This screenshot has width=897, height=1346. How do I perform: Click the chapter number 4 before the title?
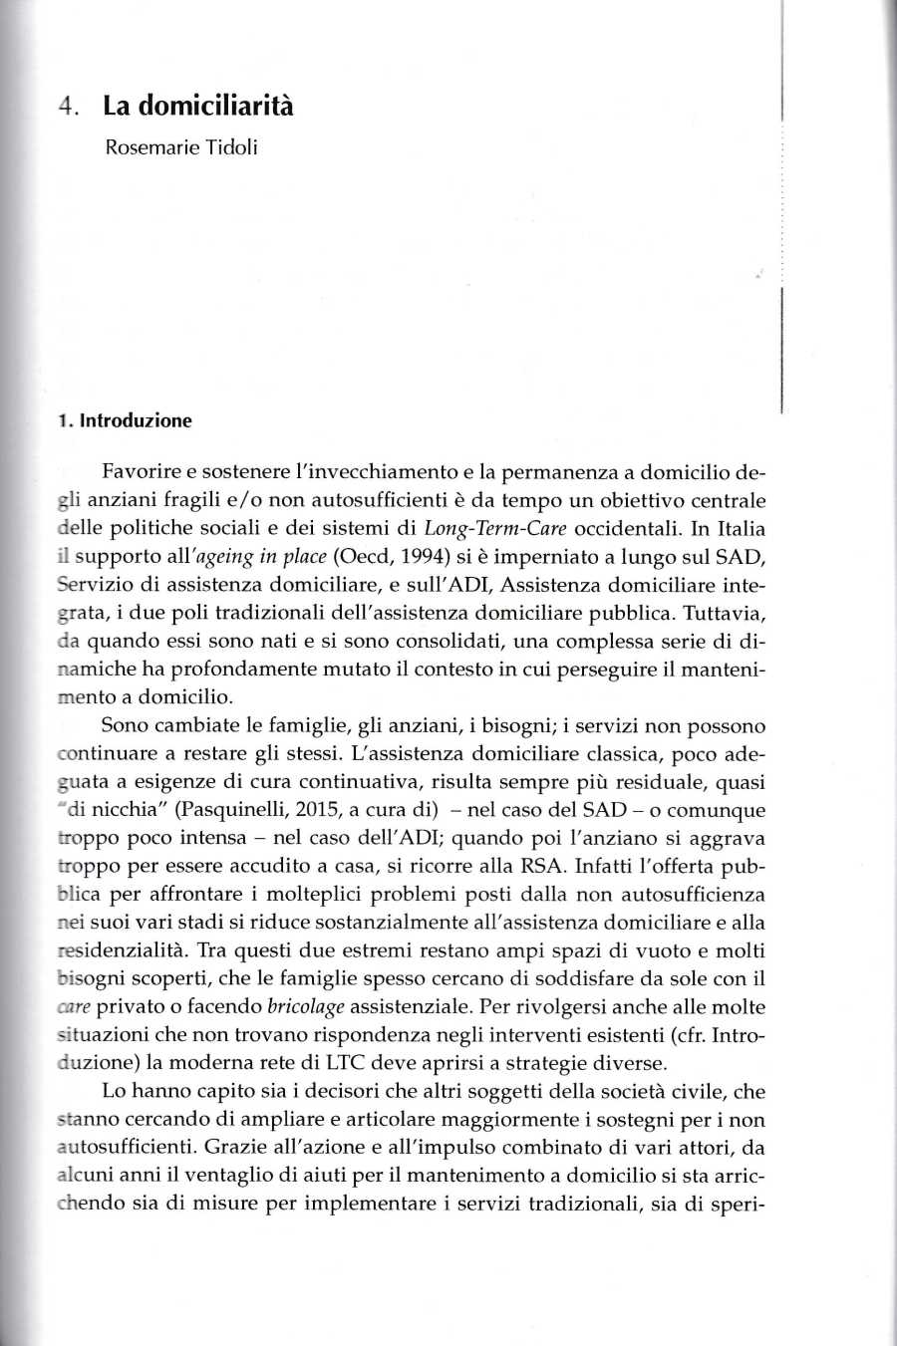[x=64, y=108]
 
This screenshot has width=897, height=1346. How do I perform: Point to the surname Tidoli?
[x=232, y=149]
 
